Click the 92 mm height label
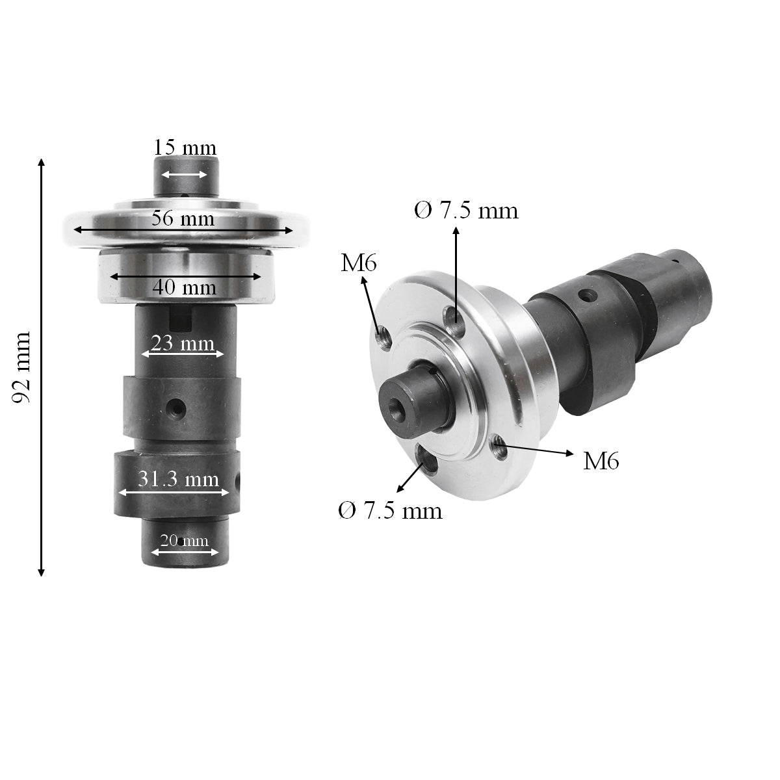click(22, 367)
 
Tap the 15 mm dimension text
click(185, 148)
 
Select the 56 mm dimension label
click(183, 218)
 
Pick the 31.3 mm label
click(178, 480)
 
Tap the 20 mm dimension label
click(184, 540)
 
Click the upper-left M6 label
click(359, 263)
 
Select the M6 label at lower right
click(601, 461)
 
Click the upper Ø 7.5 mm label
click(467, 211)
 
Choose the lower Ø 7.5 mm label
click(390, 511)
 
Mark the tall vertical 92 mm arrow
click(42, 367)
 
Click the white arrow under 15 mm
click(184, 174)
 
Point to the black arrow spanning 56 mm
click(183, 229)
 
